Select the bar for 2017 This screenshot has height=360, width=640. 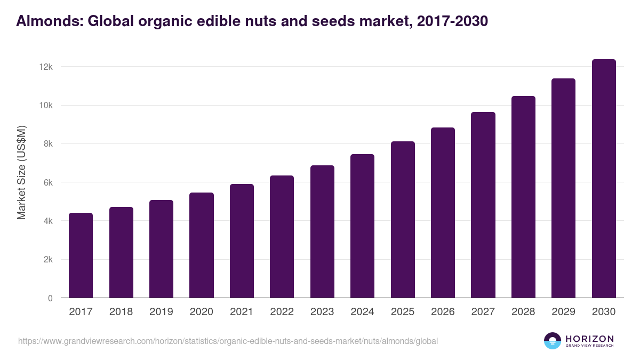[81, 255]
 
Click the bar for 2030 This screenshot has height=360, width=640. [604, 179]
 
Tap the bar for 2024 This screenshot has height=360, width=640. [362, 226]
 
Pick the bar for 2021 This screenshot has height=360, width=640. [242, 241]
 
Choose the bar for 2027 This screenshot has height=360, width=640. [483, 205]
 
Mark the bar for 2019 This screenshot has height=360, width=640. [161, 249]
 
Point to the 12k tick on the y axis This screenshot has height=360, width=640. [45, 67]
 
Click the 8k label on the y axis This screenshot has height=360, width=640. [47, 144]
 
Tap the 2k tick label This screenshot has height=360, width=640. [47, 260]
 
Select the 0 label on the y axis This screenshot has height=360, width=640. [50, 298]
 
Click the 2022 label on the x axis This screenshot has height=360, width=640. [282, 312]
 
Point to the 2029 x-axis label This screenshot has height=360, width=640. [563, 312]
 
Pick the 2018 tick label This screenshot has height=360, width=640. [121, 312]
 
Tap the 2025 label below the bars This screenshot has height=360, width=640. [402, 312]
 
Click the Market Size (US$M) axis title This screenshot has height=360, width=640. [21, 173]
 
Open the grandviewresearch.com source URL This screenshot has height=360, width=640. [228, 341]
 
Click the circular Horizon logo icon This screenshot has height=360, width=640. [553, 341]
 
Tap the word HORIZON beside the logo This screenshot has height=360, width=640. [589, 338]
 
